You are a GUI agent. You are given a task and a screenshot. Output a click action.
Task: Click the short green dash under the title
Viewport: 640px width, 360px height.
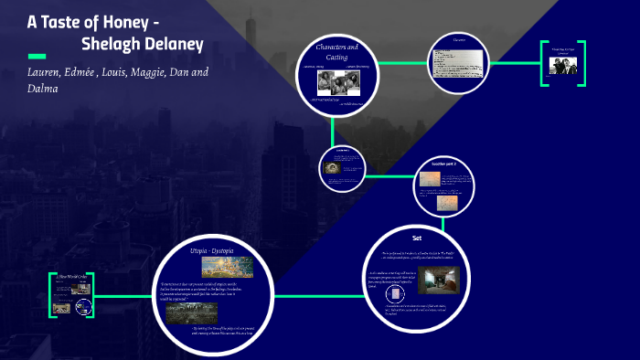(37, 57)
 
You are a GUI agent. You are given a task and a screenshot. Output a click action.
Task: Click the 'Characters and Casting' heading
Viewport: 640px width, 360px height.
(336, 52)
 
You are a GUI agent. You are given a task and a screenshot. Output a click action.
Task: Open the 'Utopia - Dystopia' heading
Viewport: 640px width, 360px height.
(212, 249)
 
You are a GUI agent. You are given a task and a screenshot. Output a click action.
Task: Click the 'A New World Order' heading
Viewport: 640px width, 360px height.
(71, 275)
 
